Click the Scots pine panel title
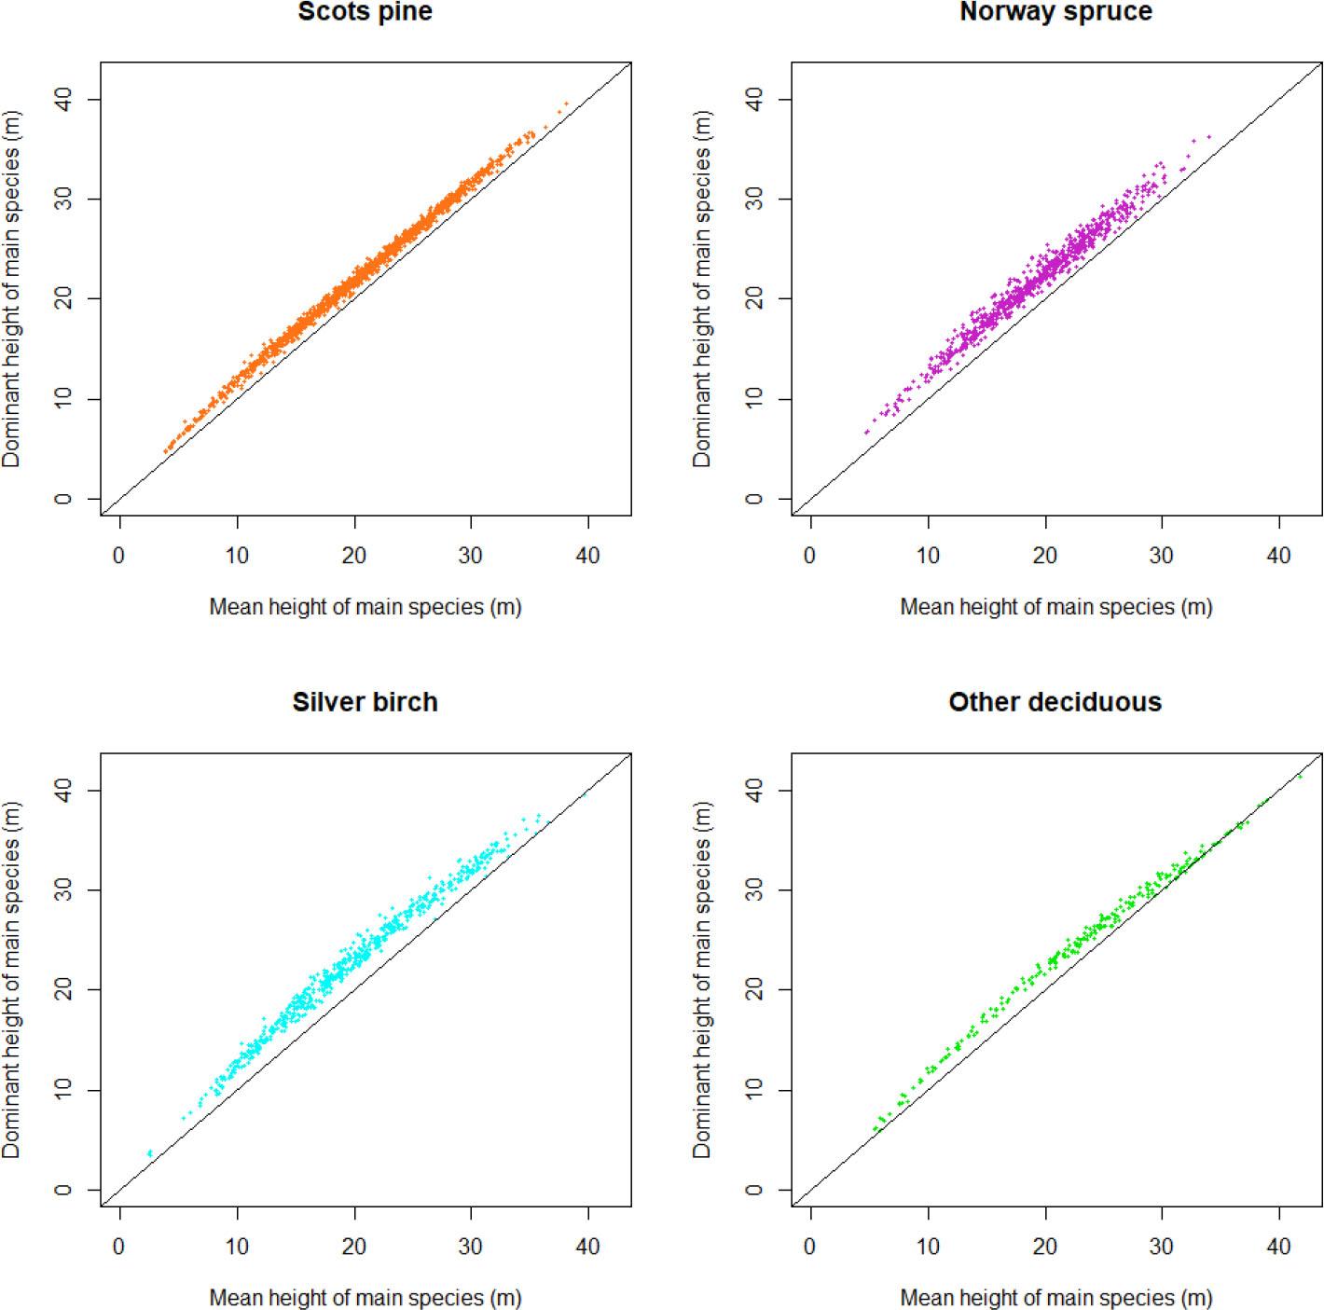coord(365,12)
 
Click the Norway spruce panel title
coord(1055,12)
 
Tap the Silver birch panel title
coord(365,702)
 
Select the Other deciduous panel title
coord(1055,702)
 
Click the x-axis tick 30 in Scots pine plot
coord(471,556)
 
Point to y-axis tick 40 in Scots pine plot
coord(63,99)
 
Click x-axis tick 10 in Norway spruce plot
coord(928,556)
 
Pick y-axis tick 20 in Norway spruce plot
coord(754,299)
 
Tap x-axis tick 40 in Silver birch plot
coord(587,1247)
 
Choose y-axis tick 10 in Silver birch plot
coord(63,1090)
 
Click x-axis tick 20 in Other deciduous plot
coord(1045,1247)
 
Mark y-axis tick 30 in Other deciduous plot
coord(754,890)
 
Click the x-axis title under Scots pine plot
coord(365,607)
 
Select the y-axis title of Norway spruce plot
coord(702,289)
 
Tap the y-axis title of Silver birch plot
coord(11,979)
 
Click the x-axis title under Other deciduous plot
coord(1055,1298)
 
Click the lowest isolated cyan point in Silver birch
coord(149,1154)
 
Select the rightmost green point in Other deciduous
coord(1300,776)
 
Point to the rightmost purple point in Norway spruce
coord(1209,137)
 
